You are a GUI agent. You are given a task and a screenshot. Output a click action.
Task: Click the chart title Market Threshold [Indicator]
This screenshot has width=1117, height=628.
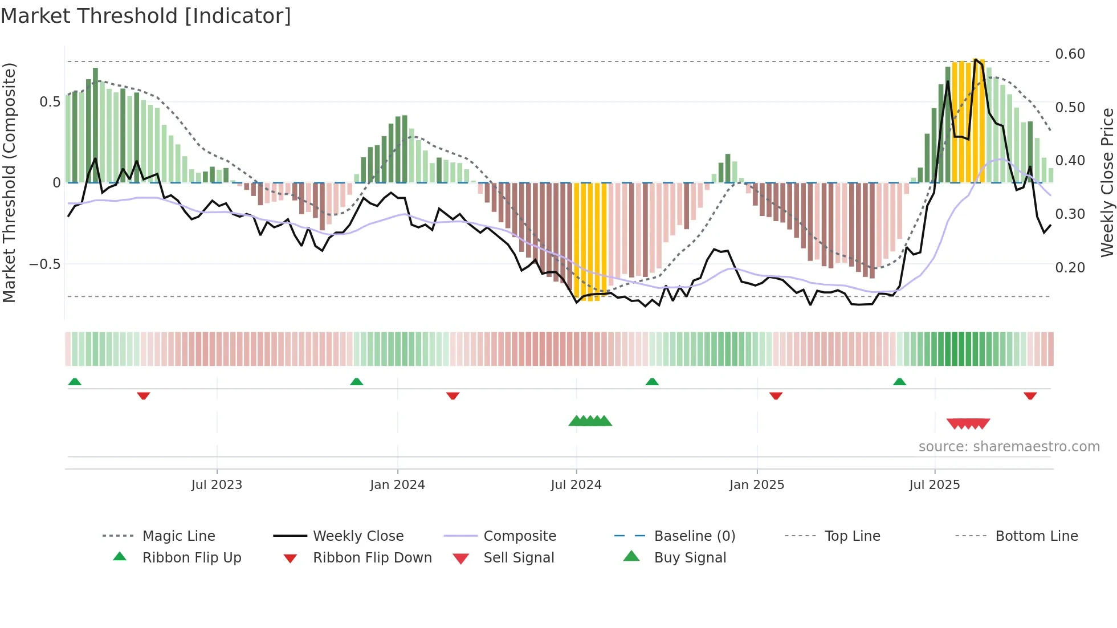pos(146,16)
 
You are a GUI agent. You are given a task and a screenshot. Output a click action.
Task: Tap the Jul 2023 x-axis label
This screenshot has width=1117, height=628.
pos(217,485)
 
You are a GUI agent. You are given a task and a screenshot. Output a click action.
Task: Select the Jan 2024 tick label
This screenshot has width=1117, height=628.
pos(397,485)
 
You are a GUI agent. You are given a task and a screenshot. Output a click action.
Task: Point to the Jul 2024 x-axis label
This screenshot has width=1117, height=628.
pos(576,485)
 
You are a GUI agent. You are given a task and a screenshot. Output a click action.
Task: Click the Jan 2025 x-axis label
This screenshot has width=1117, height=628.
pos(757,485)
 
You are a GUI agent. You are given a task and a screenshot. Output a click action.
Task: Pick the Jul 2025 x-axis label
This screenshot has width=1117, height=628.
pos(935,485)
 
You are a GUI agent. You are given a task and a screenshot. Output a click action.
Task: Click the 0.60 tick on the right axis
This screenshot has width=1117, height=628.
pos(1070,54)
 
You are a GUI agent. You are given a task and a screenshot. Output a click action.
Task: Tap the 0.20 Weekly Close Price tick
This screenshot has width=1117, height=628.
pos(1070,268)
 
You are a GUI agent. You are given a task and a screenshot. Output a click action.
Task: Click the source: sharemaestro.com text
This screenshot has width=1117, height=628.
pos(1009,447)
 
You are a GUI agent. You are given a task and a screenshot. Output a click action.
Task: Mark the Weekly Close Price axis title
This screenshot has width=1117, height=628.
pos(1107,182)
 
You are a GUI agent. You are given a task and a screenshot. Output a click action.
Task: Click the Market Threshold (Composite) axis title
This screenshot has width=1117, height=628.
pos(9,182)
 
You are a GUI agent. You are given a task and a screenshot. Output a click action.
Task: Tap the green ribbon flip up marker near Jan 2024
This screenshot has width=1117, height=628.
pos(357,382)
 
